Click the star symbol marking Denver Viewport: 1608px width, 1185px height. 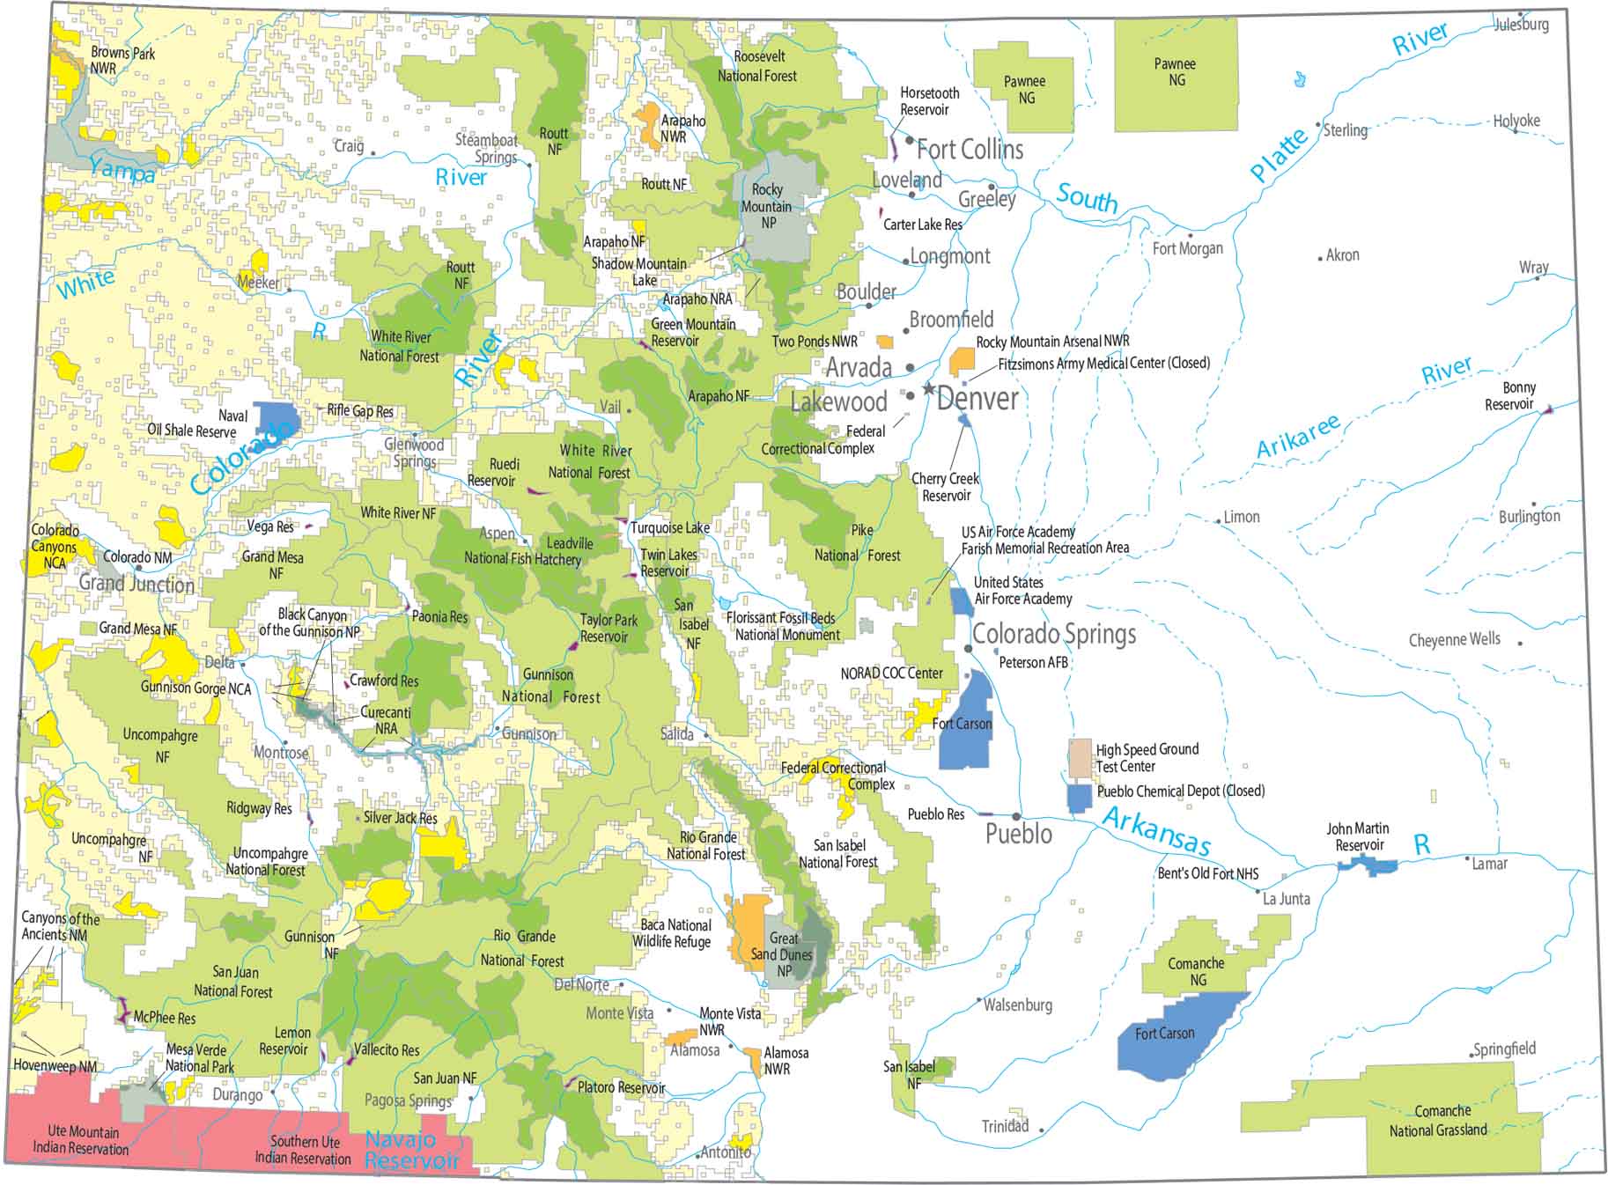(x=927, y=388)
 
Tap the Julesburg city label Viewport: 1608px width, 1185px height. (x=1521, y=25)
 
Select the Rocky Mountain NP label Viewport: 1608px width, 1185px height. (x=767, y=206)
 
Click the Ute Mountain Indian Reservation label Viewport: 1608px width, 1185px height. (x=82, y=1139)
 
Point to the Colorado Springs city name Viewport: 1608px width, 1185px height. (x=1054, y=634)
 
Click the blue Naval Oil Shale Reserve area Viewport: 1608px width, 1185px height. (x=276, y=417)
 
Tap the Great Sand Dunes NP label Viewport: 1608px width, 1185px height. (x=782, y=954)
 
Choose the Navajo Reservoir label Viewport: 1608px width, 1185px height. (x=411, y=1150)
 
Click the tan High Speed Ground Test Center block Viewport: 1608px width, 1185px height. (x=1080, y=758)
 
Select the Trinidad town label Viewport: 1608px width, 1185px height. (x=1005, y=1126)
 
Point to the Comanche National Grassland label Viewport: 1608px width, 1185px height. (x=1438, y=1121)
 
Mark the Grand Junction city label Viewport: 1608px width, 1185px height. (x=136, y=583)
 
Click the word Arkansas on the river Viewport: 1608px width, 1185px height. (x=1156, y=830)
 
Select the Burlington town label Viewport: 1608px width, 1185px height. (x=1530, y=516)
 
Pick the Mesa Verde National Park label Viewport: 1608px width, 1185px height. (x=199, y=1057)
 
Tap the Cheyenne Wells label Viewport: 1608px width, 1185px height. (x=1454, y=639)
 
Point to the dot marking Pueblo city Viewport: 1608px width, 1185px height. (x=1016, y=817)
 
